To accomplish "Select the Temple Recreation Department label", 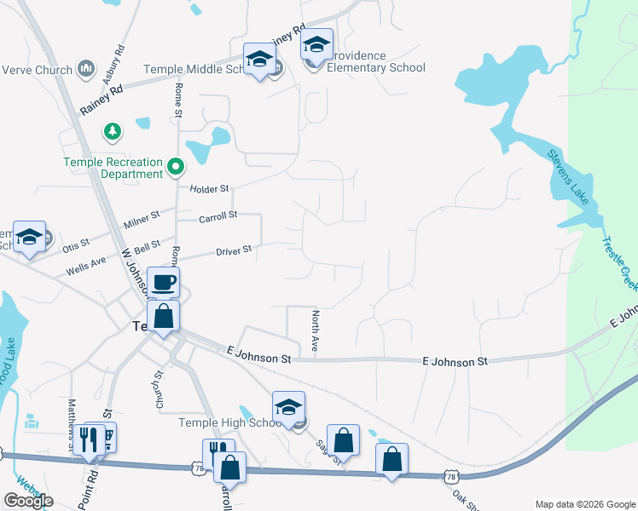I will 113,168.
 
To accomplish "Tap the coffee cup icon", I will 163,282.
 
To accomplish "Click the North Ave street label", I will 315,331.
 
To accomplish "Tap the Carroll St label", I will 217,217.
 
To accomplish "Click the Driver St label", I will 234,250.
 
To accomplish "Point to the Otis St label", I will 75,245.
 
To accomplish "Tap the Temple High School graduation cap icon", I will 288,406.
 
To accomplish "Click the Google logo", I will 28,500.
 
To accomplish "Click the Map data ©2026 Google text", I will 584,504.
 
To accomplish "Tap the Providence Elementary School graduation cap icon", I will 316,43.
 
